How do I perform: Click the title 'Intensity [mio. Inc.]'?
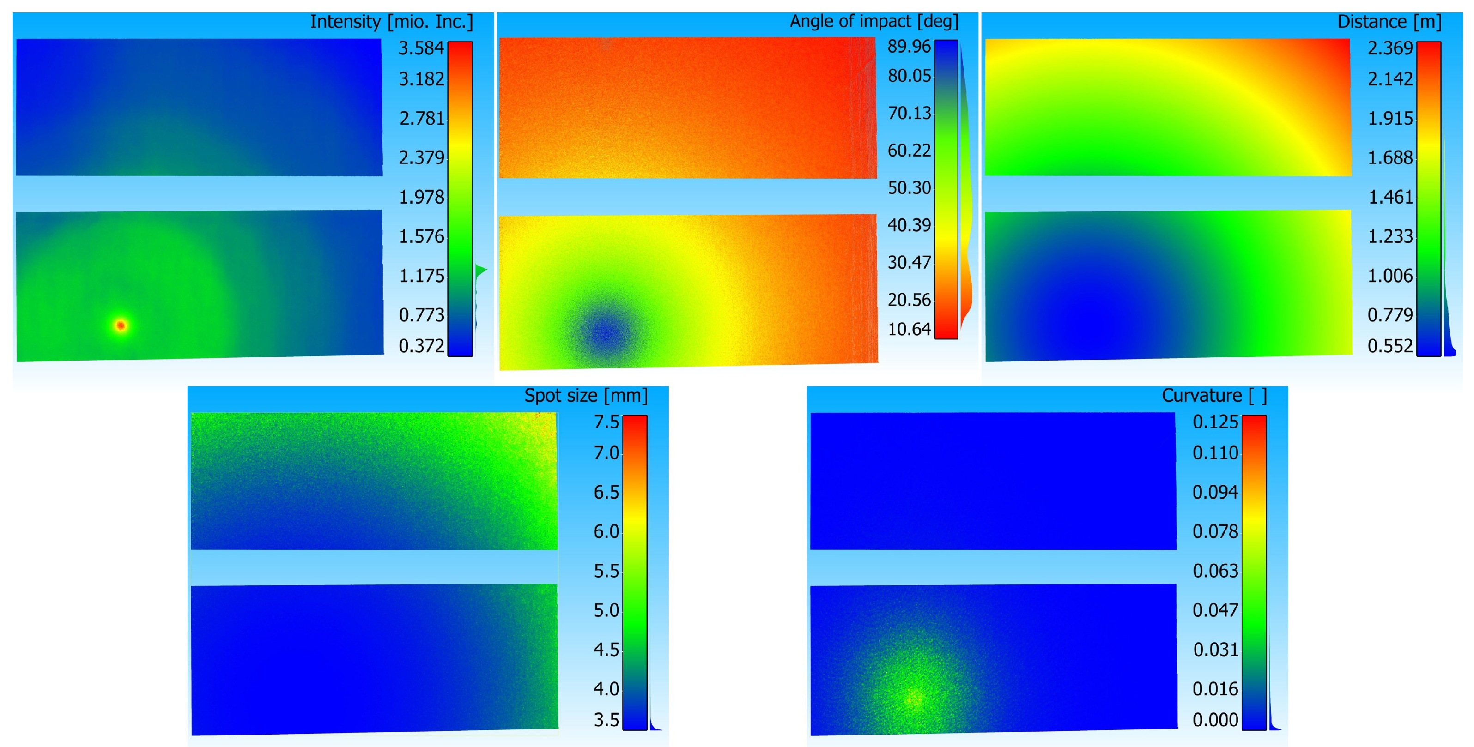[391, 22]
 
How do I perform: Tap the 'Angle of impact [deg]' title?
[874, 21]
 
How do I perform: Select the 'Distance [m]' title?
[1389, 22]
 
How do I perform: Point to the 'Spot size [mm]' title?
[586, 395]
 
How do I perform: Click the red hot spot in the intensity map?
[121, 325]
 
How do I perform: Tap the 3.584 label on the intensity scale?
[421, 48]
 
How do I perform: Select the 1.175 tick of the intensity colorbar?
[421, 276]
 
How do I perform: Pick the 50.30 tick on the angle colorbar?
[909, 187]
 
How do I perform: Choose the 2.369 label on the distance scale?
[1390, 48]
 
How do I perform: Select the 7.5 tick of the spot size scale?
[607, 422]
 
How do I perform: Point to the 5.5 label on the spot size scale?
[607, 571]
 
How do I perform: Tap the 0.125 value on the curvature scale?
[1215, 422]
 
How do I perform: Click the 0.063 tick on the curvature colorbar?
[1215, 571]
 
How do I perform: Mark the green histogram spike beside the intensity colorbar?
[481, 270]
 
